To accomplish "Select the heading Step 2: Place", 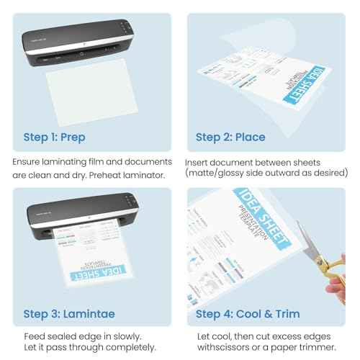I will pyautogui.click(x=230, y=136).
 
